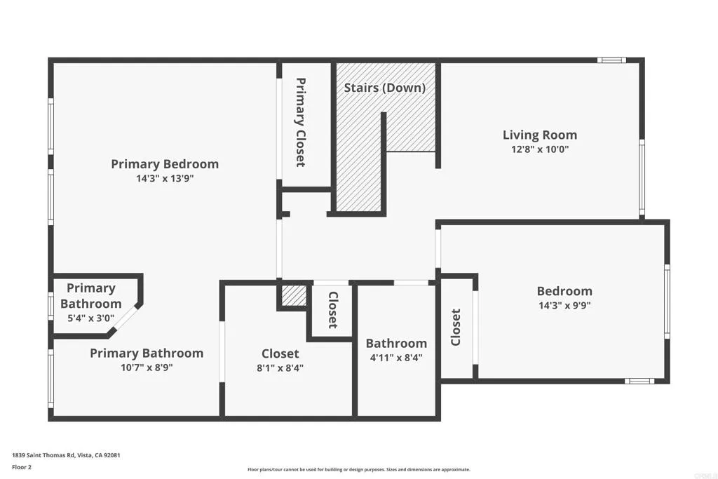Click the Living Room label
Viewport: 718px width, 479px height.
pyautogui.click(x=539, y=135)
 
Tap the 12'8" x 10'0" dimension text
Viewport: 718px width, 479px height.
pyautogui.click(x=539, y=149)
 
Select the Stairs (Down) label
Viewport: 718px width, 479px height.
pyautogui.click(x=384, y=88)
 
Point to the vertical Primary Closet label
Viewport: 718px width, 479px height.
pyautogui.click(x=300, y=121)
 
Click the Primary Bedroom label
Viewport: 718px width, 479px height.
pyautogui.click(x=165, y=164)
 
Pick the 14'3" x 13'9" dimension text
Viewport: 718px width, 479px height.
pyautogui.click(x=165, y=179)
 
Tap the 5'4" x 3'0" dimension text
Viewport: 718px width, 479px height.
pyautogui.click(x=90, y=318)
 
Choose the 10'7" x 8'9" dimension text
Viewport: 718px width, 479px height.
pyautogui.click(x=146, y=367)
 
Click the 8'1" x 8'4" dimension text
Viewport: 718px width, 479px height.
pyautogui.click(x=280, y=367)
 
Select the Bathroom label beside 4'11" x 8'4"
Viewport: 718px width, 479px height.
pyautogui.click(x=396, y=343)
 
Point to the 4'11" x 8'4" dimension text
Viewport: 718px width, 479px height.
pyautogui.click(x=396, y=357)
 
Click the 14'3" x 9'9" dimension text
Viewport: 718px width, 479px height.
pyautogui.click(x=564, y=305)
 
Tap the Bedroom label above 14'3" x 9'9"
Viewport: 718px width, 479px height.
pyautogui.click(x=564, y=291)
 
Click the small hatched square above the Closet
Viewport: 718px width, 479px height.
pyautogui.click(x=294, y=296)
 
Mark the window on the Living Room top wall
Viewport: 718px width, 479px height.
pyautogui.click(x=611, y=60)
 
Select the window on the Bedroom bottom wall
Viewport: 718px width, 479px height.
pyautogui.click(x=639, y=381)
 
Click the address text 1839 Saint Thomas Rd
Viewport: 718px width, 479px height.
pyautogui.click(x=66, y=455)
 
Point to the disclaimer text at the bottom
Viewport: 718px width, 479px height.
pyautogui.click(x=358, y=470)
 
